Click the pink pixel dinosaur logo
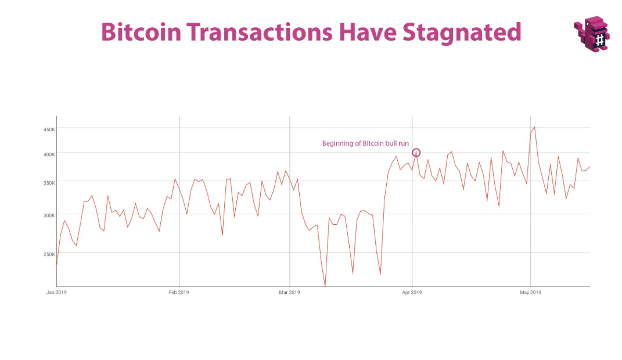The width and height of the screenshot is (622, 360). tap(592, 34)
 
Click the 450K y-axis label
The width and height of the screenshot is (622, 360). tap(49, 129)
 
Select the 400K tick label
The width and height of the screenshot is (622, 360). tap(49, 154)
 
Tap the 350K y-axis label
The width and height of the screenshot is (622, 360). tap(49, 182)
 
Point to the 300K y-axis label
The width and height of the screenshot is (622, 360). tap(49, 215)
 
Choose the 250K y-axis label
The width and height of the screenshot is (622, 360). tap(49, 254)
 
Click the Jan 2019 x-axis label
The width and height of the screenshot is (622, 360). tap(56, 292)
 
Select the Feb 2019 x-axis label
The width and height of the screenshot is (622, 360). tap(179, 292)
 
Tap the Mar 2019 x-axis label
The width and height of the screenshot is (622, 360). tap(289, 292)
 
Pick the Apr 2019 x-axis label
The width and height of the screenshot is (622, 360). tap(412, 292)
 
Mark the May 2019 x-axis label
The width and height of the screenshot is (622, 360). tap(530, 292)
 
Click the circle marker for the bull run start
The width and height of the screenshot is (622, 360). tap(416, 153)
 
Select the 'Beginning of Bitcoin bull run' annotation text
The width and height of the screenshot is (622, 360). tap(365, 143)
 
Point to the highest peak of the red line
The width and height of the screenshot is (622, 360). tap(534, 127)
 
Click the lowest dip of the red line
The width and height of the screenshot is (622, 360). tap(325, 286)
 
